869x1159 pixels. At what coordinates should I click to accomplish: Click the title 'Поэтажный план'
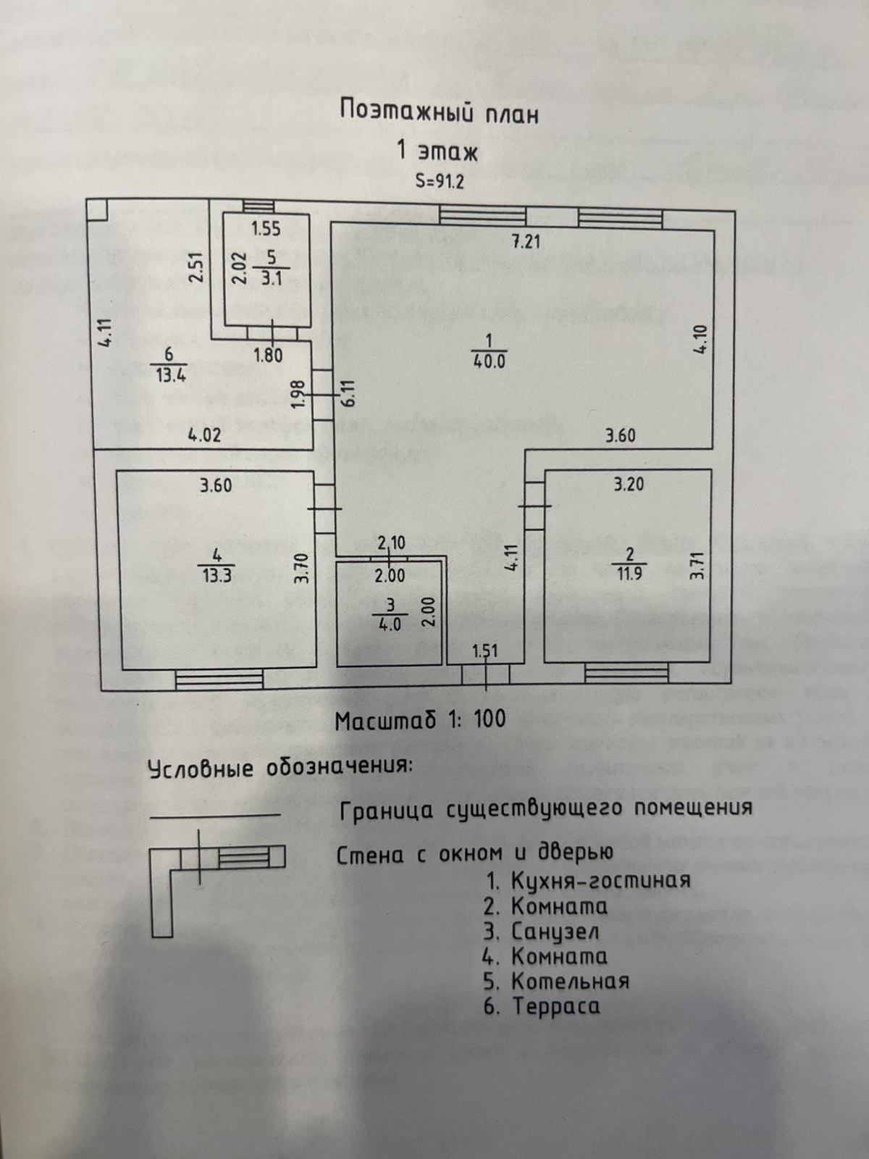pos(440,113)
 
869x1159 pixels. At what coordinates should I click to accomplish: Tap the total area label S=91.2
pos(440,181)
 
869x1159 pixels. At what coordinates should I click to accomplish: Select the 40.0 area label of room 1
pos(489,361)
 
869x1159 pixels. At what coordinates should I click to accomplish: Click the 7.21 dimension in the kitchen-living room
pos(526,241)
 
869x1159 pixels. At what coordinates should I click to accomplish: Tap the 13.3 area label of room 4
pos(217,576)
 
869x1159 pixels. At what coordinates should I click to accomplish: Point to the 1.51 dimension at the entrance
pos(485,650)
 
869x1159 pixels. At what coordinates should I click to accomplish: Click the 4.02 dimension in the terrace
pos(204,436)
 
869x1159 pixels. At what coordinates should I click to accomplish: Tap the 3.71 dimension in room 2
pos(697,563)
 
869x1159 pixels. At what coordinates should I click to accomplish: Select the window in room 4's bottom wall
pos(219,679)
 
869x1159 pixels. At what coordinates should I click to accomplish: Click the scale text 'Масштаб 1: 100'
pos(421,720)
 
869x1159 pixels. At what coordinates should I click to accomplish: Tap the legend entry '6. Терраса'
pos(542,1006)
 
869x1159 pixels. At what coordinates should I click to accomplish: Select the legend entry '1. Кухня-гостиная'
pos(587,880)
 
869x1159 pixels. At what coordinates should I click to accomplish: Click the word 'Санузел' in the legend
pos(555,931)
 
